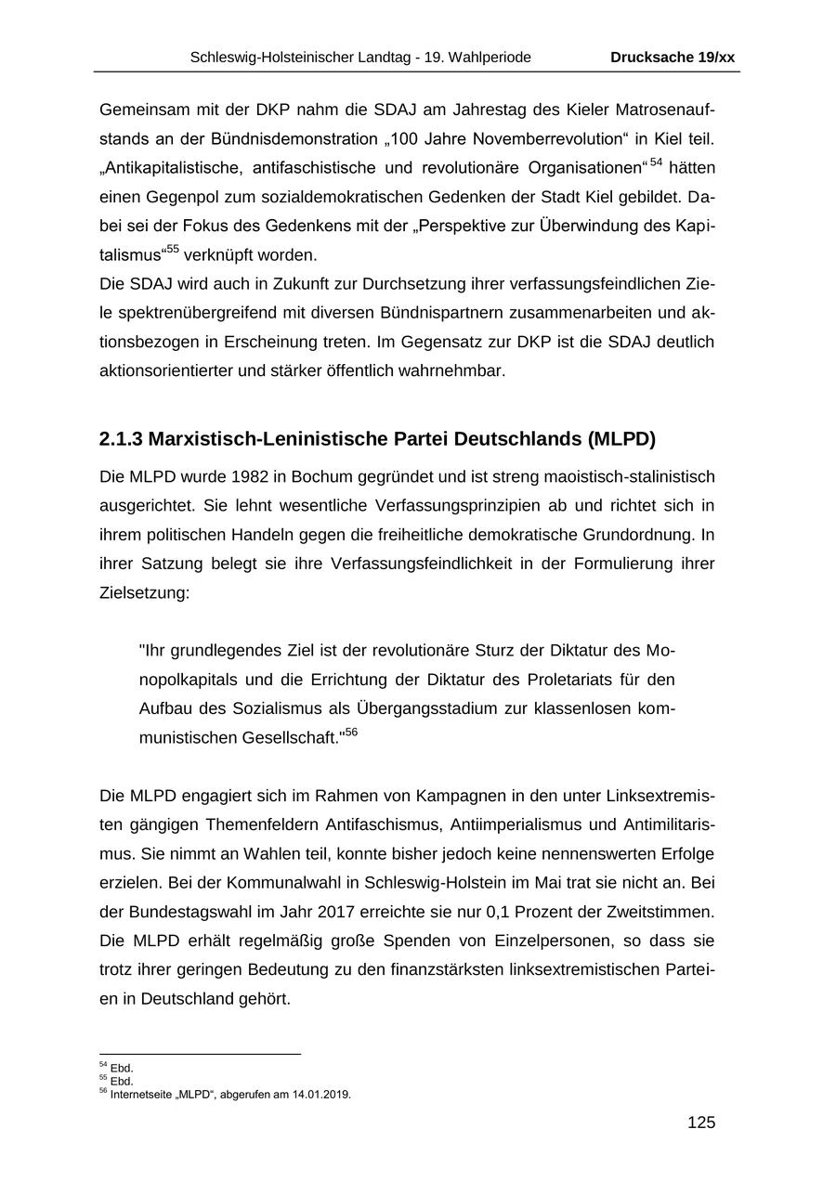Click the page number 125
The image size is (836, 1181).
pos(701,1123)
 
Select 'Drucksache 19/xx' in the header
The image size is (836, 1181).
pos(673,58)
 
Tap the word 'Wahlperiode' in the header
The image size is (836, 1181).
pos(490,58)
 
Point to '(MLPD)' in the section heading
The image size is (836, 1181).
pos(621,438)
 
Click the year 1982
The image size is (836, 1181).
pos(248,477)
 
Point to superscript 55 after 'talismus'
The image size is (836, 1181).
pos(173,250)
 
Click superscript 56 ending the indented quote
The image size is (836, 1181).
pos(351,733)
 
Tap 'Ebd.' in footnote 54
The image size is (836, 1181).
pos(122,1069)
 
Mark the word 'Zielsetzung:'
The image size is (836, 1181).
pos(144,592)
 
